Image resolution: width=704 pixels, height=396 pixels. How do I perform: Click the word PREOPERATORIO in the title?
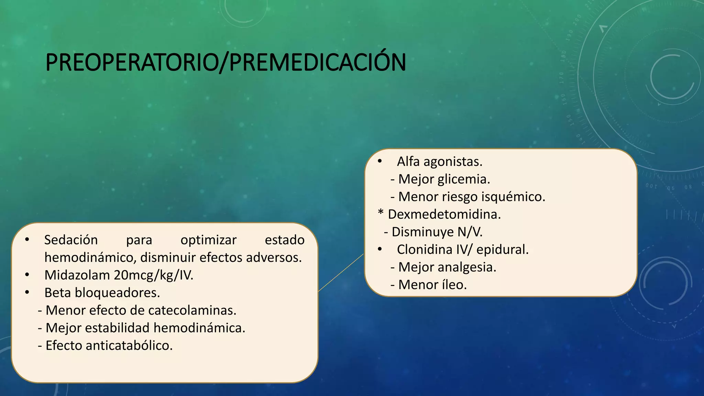click(132, 63)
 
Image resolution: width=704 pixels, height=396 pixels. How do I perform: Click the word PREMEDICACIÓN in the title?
click(317, 63)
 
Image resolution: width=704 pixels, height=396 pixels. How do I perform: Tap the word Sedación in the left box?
click(71, 240)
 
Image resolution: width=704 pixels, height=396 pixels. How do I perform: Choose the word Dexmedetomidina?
click(444, 214)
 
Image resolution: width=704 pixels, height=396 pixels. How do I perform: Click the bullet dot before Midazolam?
click(27, 275)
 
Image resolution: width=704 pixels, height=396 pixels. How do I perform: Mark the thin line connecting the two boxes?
click(341, 273)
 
